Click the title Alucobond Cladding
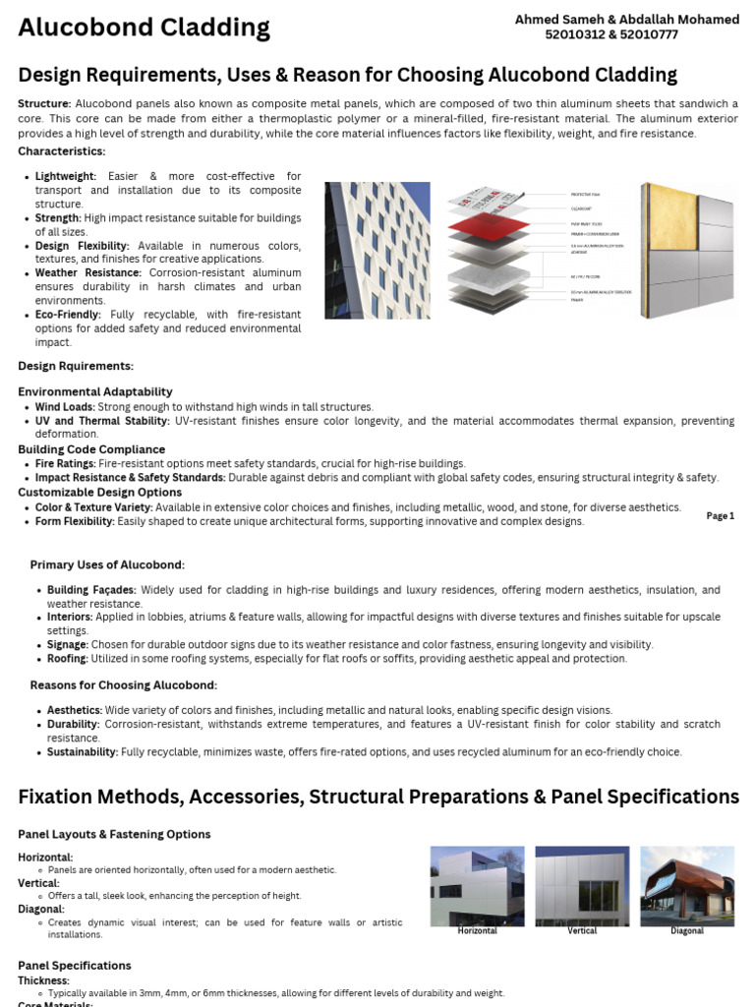pyautogui.click(x=144, y=28)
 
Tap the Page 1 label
pyautogui.click(x=720, y=515)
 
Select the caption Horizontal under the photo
pyautogui.click(x=477, y=930)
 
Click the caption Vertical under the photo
pyautogui.click(x=582, y=930)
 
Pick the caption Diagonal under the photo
pyautogui.click(x=687, y=930)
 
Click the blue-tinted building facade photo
pyautogui.click(x=377, y=250)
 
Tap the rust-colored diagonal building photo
pyautogui.click(x=687, y=885)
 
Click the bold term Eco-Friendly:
pyautogui.click(x=68, y=315)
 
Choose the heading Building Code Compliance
pyautogui.click(x=91, y=449)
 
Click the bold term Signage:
pyautogui.click(x=68, y=644)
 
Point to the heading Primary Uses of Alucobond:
pyautogui.click(x=107, y=565)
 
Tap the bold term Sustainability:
pyautogui.click(x=83, y=751)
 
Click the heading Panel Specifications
pyautogui.click(x=75, y=965)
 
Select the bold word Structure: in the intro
pyautogui.click(x=44, y=103)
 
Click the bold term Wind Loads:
pyautogui.click(x=65, y=406)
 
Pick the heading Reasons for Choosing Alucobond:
pyautogui.click(x=123, y=684)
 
